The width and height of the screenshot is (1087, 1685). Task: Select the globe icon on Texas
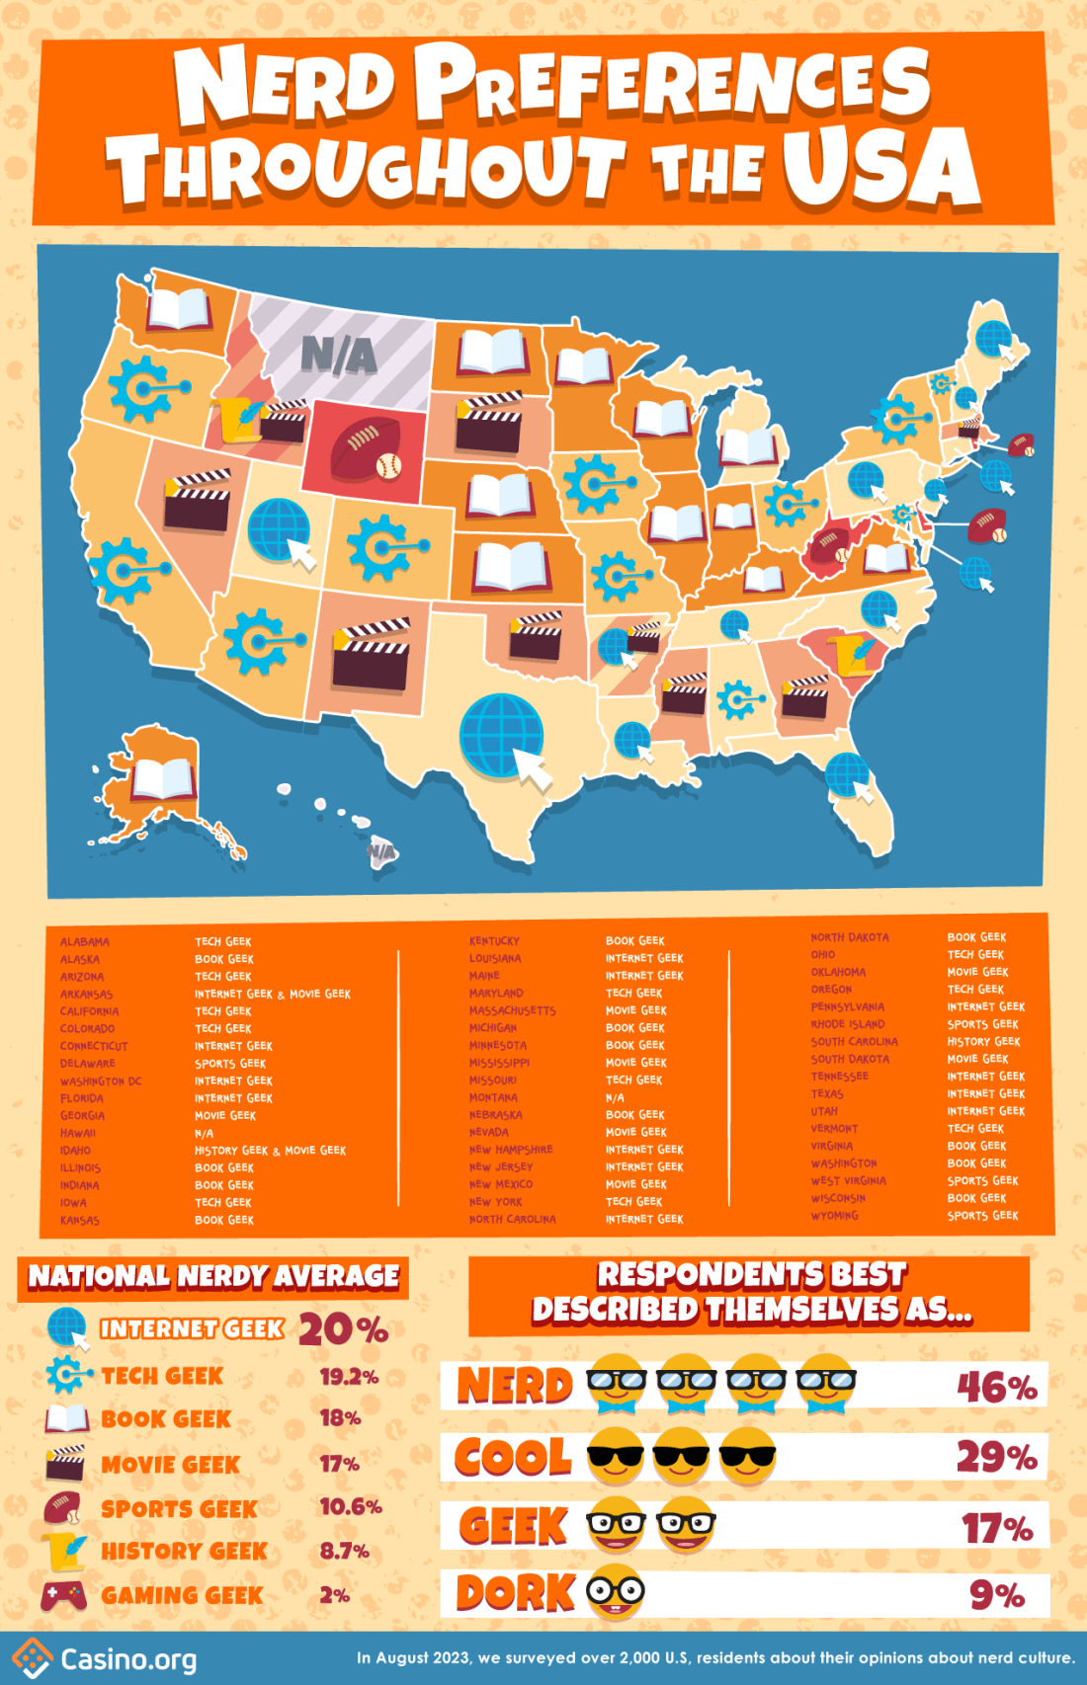(503, 736)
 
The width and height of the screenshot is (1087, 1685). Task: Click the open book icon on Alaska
(164, 778)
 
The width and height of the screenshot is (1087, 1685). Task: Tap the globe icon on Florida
(848, 775)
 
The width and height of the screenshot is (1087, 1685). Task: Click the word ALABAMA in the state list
(85, 942)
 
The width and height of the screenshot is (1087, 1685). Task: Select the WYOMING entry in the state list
(835, 1216)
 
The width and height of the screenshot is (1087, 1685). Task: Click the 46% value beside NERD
(996, 1388)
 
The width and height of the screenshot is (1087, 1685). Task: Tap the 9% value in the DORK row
(996, 1595)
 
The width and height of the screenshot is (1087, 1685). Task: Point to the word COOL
(513, 1458)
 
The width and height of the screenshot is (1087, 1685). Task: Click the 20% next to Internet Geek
(343, 1329)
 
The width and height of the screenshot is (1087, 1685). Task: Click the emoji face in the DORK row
(616, 1592)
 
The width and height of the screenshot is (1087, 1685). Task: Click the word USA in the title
(881, 168)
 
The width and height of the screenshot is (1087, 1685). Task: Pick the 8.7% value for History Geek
(344, 1552)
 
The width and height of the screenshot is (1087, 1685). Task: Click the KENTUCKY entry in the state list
(494, 941)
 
